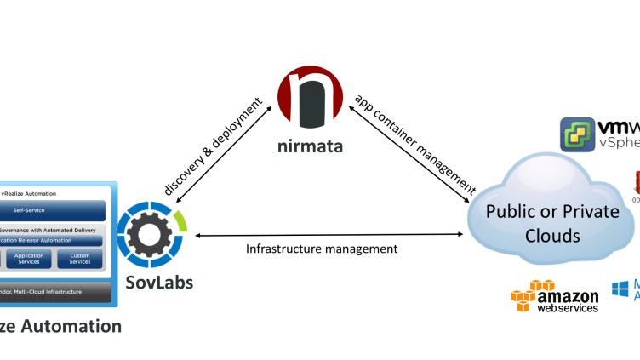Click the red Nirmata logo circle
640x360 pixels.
click(x=311, y=100)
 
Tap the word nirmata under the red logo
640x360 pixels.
click(x=311, y=146)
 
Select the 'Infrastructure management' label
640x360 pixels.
click(x=321, y=249)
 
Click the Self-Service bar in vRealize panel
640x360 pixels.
click(x=53, y=210)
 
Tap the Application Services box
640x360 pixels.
click(x=29, y=259)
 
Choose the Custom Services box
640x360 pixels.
click(x=79, y=259)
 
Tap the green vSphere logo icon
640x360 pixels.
click(x=576, y=134)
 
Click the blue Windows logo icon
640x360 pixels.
click(x=620, y=289)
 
